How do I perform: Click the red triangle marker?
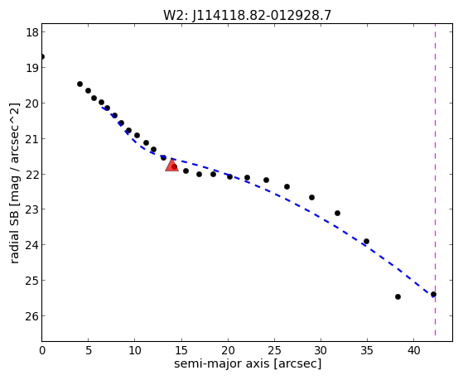click(x=171, y=165)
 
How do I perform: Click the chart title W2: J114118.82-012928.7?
click(x=247, y=15)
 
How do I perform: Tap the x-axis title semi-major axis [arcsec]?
click(x=248, y=363)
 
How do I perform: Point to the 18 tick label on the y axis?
click(x=32, y=32)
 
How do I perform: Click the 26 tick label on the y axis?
click(x=32, y=316)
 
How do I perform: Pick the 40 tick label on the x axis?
click(x=413, y=350)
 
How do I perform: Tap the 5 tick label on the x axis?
click(x=89, y=350)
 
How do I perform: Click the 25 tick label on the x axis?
click(x=274, y=350)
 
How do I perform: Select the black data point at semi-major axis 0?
click(x=42, y=56)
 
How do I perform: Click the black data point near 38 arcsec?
click(x=398, y=296)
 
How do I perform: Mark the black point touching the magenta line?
click(x=433, y=295)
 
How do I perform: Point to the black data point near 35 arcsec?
click(x=366, y=241)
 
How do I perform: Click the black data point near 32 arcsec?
click(x=337, y=213)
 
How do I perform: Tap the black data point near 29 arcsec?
click(x=311, y=197)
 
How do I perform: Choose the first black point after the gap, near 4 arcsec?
click(x=80, y=84)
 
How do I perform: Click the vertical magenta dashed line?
click(x=435, y=180)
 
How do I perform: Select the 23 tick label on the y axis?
click(x=32, y=209)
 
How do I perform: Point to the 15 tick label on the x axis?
click(x=181, y=350)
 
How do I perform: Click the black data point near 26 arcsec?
click(x=287, y=186)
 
